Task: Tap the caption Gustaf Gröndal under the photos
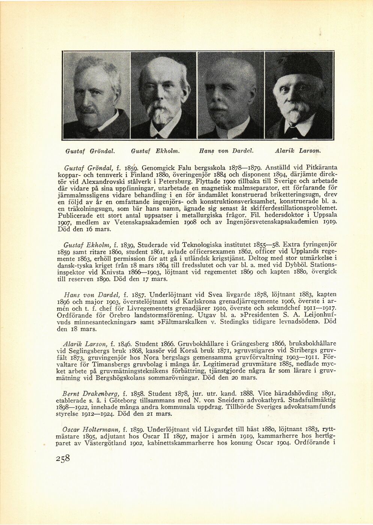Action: [90, 151]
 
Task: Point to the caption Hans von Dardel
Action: [226, 151]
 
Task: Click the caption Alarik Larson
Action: [298, 151]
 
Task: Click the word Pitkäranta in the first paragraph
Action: [320, 168]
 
